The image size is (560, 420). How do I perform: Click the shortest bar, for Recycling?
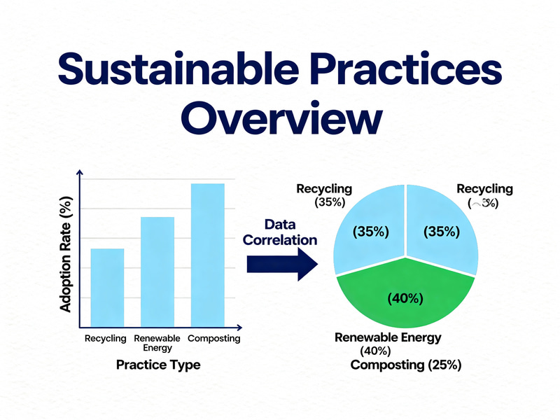coord(107,287)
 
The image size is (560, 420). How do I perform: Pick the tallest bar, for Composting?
coord(207,255)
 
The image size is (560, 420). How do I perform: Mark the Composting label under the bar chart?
coord(213,339)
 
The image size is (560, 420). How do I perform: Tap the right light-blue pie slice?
coord(441,231)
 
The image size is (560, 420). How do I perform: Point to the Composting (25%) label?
coord(405,365)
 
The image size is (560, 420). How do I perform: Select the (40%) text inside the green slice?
coord(405,298)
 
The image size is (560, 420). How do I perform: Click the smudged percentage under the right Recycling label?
coord(484,204)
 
